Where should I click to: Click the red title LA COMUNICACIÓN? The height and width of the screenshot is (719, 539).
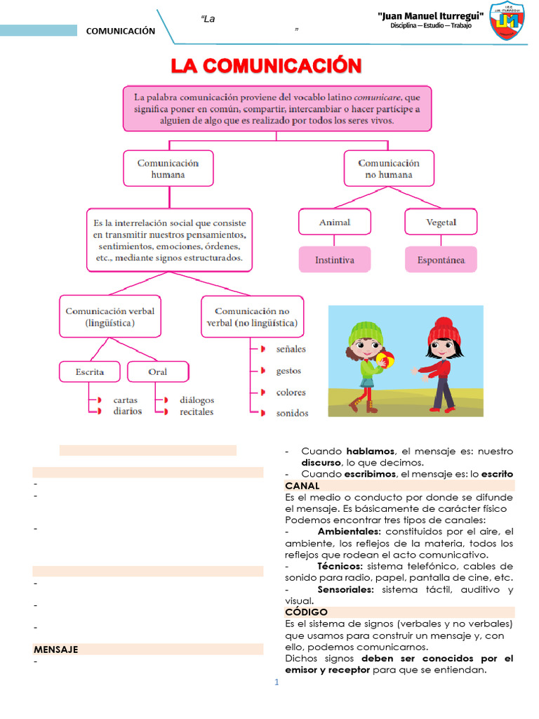click(267, 67)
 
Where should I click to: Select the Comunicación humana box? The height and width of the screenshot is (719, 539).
click(168, 169)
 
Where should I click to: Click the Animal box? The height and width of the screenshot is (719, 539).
click(334, 222)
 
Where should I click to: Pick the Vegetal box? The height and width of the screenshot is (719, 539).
click(440, 222)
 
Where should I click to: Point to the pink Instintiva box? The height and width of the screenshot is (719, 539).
click(334, 260)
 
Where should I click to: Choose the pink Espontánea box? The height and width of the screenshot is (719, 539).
click(440, 260)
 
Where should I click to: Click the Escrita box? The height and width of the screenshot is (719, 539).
click(90, 371)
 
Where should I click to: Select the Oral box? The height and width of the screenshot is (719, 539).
click(158, 371)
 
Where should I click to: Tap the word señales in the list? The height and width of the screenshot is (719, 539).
click(291, 349)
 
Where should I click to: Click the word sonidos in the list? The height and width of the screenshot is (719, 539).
click(292, 413)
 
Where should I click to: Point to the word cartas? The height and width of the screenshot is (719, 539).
click(126, 400)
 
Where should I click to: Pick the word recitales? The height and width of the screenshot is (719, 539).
click(197, 411)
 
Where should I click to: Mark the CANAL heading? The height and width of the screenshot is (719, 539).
click(302, 486)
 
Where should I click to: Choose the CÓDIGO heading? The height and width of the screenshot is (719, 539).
click(306, 612)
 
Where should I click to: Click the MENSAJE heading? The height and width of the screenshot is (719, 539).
click(55, 649)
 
